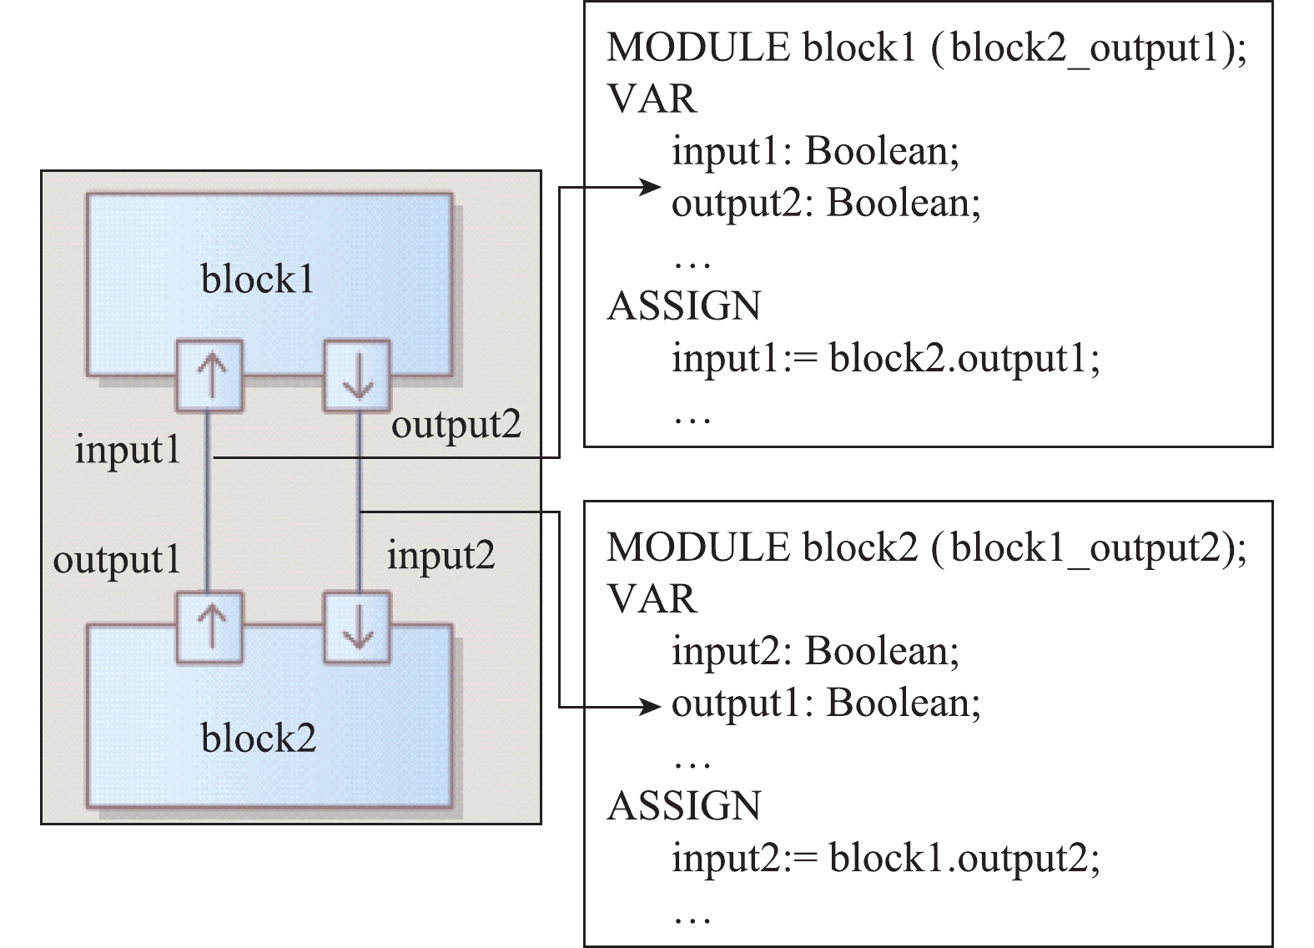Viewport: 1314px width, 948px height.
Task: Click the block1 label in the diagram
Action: (x=257, y=279)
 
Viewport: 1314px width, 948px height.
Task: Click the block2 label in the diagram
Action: (x=259, y=738)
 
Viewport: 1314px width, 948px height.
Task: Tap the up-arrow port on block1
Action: (x=209, y=375)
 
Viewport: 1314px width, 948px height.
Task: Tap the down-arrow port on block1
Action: (x=357, y=375)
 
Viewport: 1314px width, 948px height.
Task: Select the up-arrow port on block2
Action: (x=209, y=628)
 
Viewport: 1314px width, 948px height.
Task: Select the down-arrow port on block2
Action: (x=357, y=628)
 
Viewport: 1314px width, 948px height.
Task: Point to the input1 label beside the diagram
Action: (x=128, y=451)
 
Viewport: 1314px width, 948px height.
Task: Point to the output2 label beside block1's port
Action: (x=456, y=425)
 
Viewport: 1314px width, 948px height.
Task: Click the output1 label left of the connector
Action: (x=117, y=560)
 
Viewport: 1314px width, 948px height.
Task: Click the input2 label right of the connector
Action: (x=441, y=555)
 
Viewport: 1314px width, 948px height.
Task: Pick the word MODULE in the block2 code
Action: (x=697, y=547)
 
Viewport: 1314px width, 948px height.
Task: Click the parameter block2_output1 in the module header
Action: (x=1085, y=48)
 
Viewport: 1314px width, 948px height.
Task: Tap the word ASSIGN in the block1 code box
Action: (x=684, y=305)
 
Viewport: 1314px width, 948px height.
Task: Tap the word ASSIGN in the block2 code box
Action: (x=684, y=806)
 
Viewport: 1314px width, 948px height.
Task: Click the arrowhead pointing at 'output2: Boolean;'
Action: (x=651, y=187)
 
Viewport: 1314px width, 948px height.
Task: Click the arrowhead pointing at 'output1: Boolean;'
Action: (x=651, y=708)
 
